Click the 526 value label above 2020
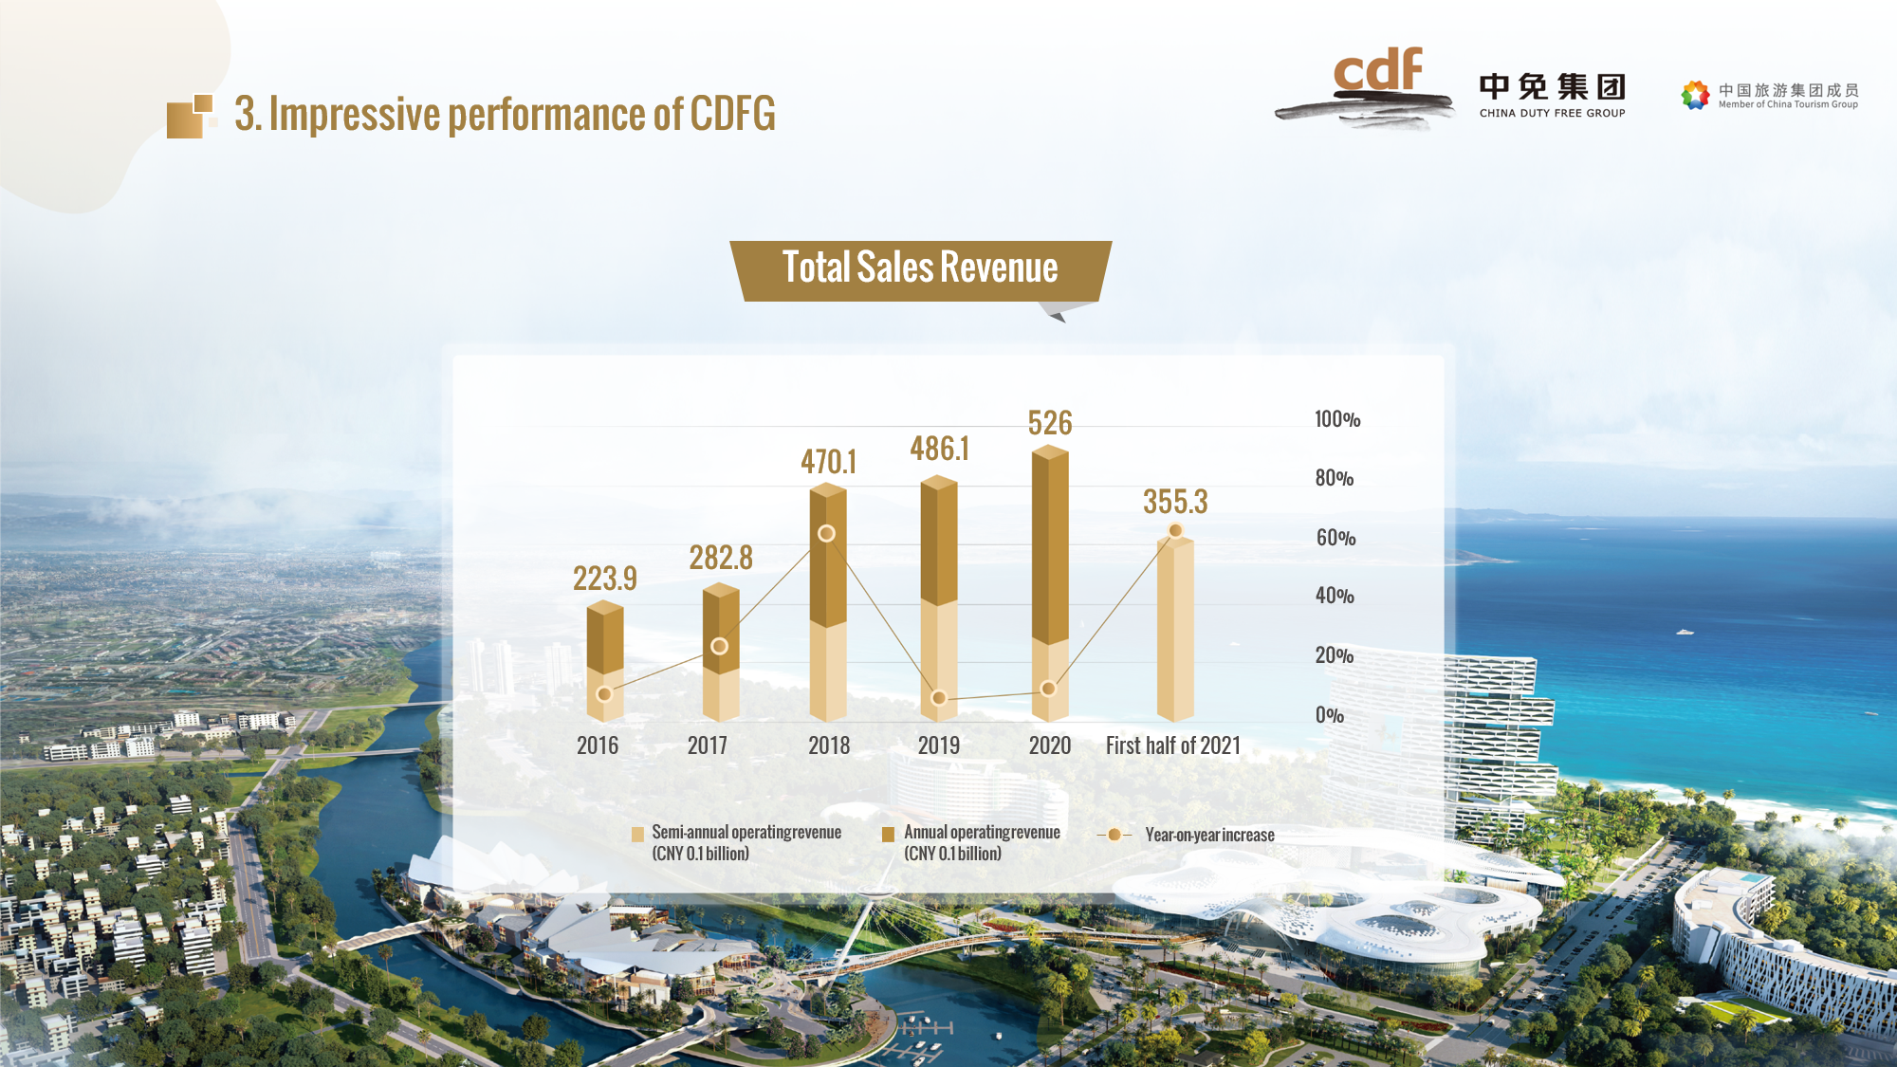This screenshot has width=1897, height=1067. click(1050, 423)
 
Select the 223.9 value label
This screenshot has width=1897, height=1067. click(604, 579)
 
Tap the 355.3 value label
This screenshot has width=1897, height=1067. click(1175, 502)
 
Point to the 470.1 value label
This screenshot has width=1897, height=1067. click(828, 462)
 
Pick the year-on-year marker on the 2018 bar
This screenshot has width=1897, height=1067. click(827, 533)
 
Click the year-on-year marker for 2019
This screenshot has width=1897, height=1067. click(939, 698)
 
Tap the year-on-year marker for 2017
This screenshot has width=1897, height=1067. click(720, 646)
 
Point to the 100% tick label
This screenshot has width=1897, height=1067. click(1337, 419)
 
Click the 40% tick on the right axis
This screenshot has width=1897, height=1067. click(1335, 596)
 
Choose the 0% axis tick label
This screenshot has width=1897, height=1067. click(1330, 715)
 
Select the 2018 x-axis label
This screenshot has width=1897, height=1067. click(829, 745)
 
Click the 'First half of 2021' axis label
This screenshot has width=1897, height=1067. click(1173, 745)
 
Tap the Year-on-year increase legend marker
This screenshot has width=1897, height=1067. click(1114, 835)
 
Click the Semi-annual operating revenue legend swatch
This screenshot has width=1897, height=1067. click(637, 835)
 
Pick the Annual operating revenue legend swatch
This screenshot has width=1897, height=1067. click(889, 835)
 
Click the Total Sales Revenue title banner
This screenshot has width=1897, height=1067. click(920, 269)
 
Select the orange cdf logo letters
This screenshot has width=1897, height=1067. click(1378, 71)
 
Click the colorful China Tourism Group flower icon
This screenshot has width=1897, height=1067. click(1695, 95)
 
